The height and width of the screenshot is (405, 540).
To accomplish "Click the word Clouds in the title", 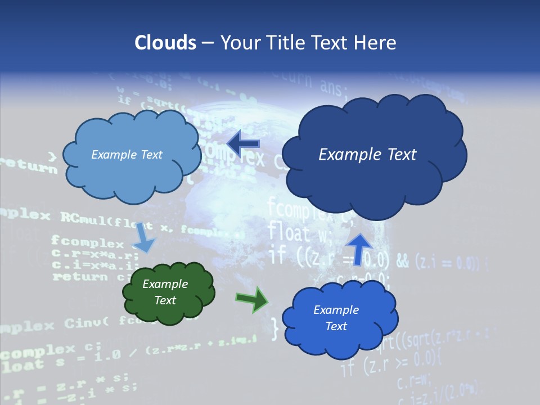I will tap(165, 42).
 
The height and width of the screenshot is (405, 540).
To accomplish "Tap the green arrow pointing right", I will tap(251, 299).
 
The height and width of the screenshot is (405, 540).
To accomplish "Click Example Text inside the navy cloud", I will tap(367, 154).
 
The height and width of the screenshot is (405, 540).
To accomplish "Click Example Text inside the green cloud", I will tap(165, 292).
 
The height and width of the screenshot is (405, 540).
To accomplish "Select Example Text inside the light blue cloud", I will tap(127, 155).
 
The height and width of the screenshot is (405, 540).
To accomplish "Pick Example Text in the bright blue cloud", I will tap(336, 318).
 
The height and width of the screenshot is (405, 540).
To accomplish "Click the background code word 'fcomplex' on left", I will tap(87, 244).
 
